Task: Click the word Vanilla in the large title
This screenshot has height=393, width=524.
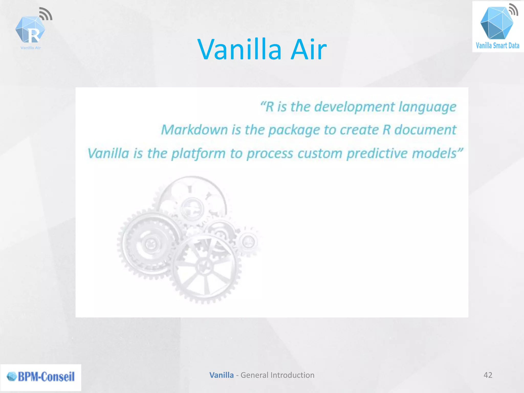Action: click(239, 49)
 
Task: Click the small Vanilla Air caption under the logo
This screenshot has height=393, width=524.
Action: click(31, 48)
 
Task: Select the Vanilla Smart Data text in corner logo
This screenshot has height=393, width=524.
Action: click(497, 46)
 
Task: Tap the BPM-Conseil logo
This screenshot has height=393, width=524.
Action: click(41, 377)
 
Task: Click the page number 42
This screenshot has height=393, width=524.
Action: click(488, 375)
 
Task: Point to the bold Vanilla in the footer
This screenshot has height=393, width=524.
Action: click(221, 375)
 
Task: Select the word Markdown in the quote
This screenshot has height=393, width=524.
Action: click(194, 130)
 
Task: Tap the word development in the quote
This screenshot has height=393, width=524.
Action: click(354, 107)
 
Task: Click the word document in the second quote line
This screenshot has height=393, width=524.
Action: click(425, 130)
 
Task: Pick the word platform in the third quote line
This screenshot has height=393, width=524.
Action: click(198, 154)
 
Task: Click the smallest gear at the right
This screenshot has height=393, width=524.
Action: click(248, 242)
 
